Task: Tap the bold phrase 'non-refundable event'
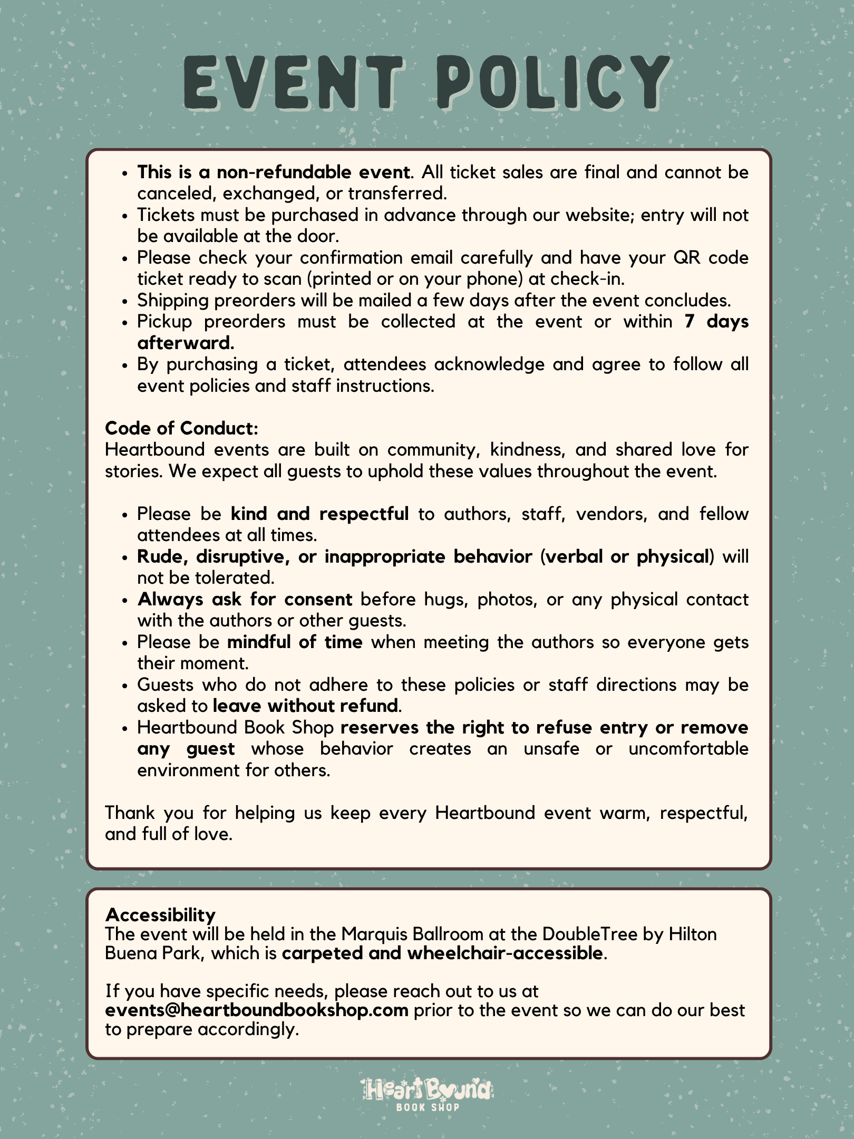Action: coord(314,172)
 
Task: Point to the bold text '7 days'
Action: coord(716,322)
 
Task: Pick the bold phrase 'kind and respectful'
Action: coord(319,514)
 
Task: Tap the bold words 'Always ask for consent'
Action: coord(245,599)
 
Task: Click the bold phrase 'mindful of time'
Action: coord(295,642)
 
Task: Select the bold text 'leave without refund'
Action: coord(305,706)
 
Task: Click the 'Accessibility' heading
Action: coord(160,914)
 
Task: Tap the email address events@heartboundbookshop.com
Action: coord(257,1010)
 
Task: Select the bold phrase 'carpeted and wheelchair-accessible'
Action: coord(442,953)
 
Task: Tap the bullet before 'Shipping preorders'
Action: coord(124,301)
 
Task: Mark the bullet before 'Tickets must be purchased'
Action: coord(124,216)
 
